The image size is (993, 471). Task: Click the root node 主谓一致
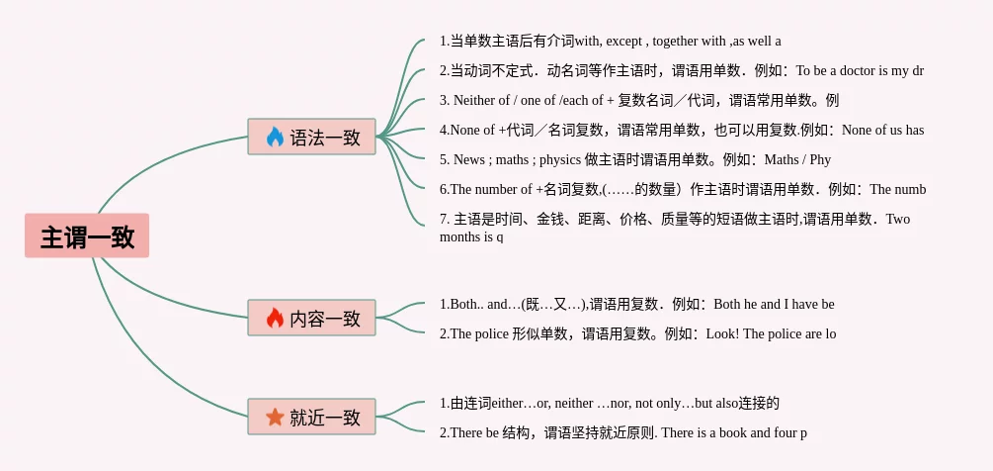coord(87,236)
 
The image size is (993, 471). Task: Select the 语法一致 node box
coord(311,137)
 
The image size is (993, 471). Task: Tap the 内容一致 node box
coord(311,318)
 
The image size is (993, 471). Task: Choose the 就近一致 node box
coord(311,417)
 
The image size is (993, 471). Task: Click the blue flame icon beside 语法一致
coord(275,137)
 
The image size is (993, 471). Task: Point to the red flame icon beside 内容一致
coord(275,318)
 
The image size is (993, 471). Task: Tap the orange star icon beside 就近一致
coord(275,417)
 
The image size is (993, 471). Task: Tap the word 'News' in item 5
coord(469,159)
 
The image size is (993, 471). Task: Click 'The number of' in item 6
coord(490,189)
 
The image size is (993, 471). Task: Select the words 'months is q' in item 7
coord(471,236)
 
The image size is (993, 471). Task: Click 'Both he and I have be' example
coord(774,304)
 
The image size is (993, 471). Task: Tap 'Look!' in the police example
coord(722,333)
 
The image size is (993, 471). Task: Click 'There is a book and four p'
coord(734,432)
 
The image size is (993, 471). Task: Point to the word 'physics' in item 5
coord(559,159)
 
